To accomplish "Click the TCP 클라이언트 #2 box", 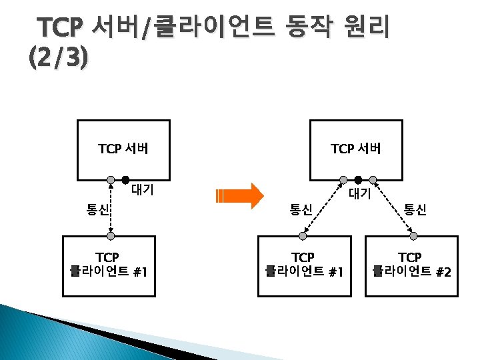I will (x=411, y=265).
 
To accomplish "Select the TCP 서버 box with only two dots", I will (x=123, y=149).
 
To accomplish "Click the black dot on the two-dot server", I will (x=125, y=180).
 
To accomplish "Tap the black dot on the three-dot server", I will (x=358, y=180).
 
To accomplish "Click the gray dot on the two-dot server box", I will (x=110, y=180).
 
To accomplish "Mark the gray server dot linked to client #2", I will (x=373, y=180).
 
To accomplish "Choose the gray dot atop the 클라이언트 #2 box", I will (x=414, y=236).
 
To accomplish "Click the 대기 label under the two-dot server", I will (x=143, y=190).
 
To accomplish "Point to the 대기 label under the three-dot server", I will (x=361, y=194).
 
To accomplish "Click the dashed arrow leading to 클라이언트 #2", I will (x=393, y=207).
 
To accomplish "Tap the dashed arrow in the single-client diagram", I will (x=110, y=208).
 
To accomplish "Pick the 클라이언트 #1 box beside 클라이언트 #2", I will (x=303, y=265).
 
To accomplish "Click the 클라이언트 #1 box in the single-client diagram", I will (x=109, y=265).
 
